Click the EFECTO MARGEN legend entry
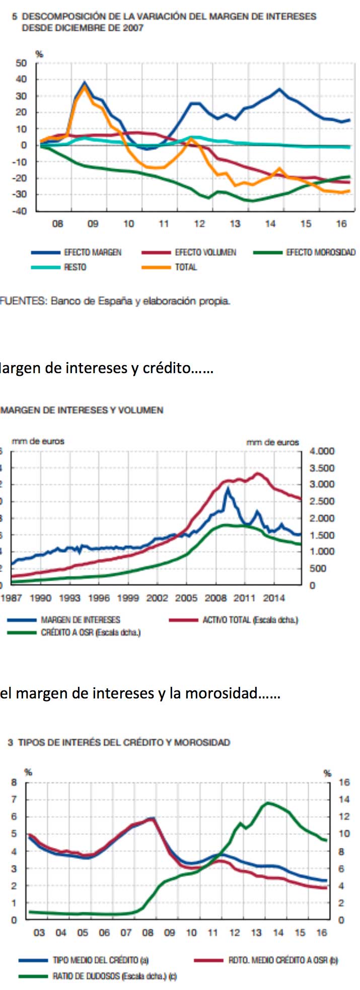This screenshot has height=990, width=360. (x=93, y=252)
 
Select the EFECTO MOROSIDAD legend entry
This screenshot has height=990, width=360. (x=321, y=252)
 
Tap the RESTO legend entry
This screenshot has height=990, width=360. (x=75, y=267)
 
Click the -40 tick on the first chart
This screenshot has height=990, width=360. (x=20, y=211)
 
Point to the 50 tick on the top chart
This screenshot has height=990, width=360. (x=21, y=63)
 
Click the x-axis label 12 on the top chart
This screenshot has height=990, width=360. (x=199, y=224)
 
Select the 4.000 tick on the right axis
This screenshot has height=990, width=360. (x=322, y=451)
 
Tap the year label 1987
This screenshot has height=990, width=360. (x=11, y=598)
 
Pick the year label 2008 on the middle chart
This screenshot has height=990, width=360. (x=215, y=598)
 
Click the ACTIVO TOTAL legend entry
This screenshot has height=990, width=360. (x=250, y=620)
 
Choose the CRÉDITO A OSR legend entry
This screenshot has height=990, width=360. (x=90, y=632)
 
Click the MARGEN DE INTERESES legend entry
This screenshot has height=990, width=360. (x=80, y=620)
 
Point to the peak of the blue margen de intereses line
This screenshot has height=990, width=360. (x=228, y=488)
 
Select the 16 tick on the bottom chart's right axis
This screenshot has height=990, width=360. (x=344, y=782)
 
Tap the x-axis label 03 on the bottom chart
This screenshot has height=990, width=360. (x=39, y=933)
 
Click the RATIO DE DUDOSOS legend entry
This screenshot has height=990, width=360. (x=114, y=976)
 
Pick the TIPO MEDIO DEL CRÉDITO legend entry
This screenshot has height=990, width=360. (x=100, y=960)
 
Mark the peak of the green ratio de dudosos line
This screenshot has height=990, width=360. (x=268, y=803)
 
